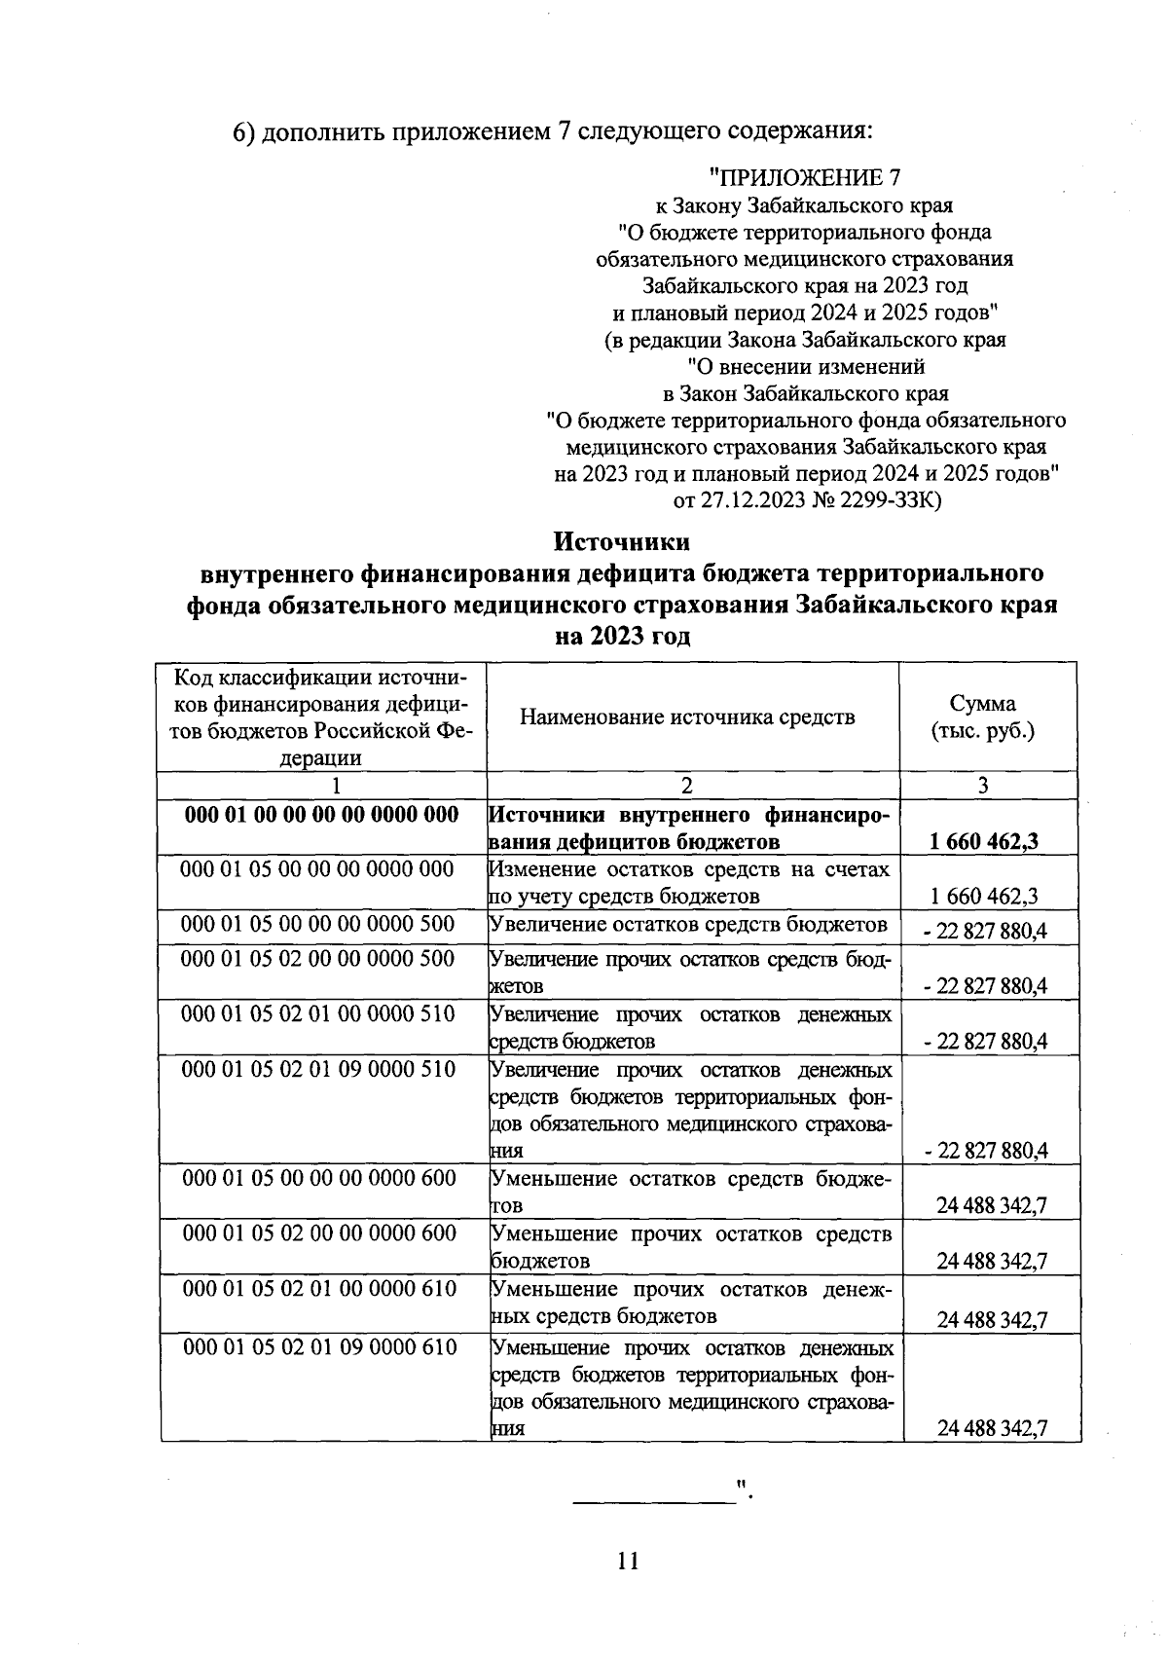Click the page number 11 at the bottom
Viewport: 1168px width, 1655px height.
628,1561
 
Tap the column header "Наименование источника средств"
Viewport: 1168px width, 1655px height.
687,717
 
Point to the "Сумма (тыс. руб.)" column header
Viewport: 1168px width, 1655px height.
982,717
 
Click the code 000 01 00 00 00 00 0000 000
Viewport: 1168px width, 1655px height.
321,815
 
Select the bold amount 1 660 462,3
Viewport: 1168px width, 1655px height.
984,841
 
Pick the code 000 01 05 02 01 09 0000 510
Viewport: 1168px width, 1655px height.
319,1070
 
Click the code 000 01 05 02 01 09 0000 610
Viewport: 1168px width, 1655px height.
320,1348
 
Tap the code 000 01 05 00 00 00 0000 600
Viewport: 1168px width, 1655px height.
319,1179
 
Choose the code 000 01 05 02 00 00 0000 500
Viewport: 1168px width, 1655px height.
319,959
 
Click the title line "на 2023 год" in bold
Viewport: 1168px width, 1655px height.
622,637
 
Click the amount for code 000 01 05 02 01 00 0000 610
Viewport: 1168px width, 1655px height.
991,1320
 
